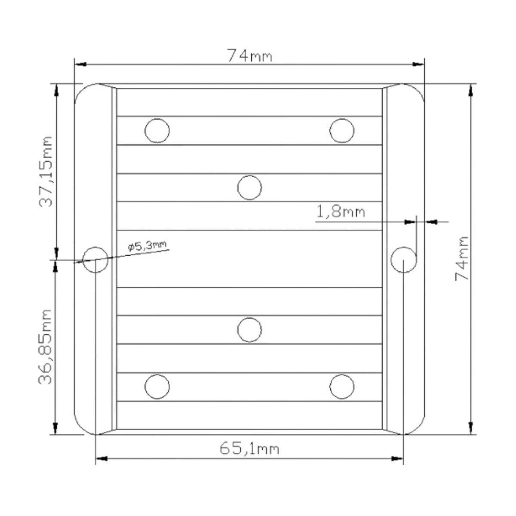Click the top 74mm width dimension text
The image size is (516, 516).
249,55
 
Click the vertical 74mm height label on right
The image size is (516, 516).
462,258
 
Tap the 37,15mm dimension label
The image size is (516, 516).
45,172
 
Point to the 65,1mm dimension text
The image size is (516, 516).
249,448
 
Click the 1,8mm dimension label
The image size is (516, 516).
341,212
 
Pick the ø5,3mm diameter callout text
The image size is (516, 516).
147,246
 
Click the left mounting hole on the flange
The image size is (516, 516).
95,260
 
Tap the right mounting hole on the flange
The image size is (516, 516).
403,260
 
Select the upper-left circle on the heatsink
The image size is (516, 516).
157,131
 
